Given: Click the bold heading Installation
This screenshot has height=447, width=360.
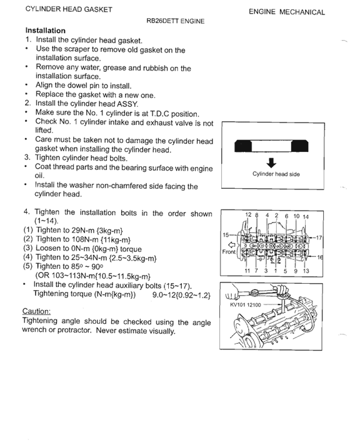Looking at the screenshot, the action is tap(46, 31).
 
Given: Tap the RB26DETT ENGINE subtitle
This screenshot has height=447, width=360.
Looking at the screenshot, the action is tap(175, 21).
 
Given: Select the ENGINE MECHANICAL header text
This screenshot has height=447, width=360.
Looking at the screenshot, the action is tap(287, 12).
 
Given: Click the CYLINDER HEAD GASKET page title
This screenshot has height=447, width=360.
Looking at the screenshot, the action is tap(69, 9).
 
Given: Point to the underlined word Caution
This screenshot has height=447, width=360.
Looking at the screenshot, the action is tap(36, 311).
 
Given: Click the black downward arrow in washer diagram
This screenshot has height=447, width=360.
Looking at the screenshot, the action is tap(271, 163).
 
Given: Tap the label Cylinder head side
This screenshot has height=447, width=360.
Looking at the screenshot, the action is tap(276, 174).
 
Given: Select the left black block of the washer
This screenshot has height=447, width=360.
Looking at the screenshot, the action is tap(243, 146).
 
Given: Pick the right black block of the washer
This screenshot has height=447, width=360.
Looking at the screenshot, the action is tap(300, 146).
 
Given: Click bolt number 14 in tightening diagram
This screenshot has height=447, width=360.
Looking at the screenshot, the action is tap(306, 217).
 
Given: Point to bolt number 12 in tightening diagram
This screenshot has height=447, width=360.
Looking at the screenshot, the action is tap(248, 214).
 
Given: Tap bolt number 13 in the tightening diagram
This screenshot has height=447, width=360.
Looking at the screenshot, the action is tap(306, 271).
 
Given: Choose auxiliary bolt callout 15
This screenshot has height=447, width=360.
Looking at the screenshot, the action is tap(226, 235).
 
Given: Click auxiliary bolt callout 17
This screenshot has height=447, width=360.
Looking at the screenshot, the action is tap(319, 238).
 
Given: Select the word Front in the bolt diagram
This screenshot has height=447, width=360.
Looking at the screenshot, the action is tap(229, 252).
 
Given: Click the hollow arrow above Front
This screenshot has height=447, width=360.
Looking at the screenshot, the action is tap(232, 244).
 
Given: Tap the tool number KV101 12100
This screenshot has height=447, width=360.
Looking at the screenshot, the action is tap(246, 304).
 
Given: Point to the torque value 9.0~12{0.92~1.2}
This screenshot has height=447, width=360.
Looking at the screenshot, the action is tap(182, 294).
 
